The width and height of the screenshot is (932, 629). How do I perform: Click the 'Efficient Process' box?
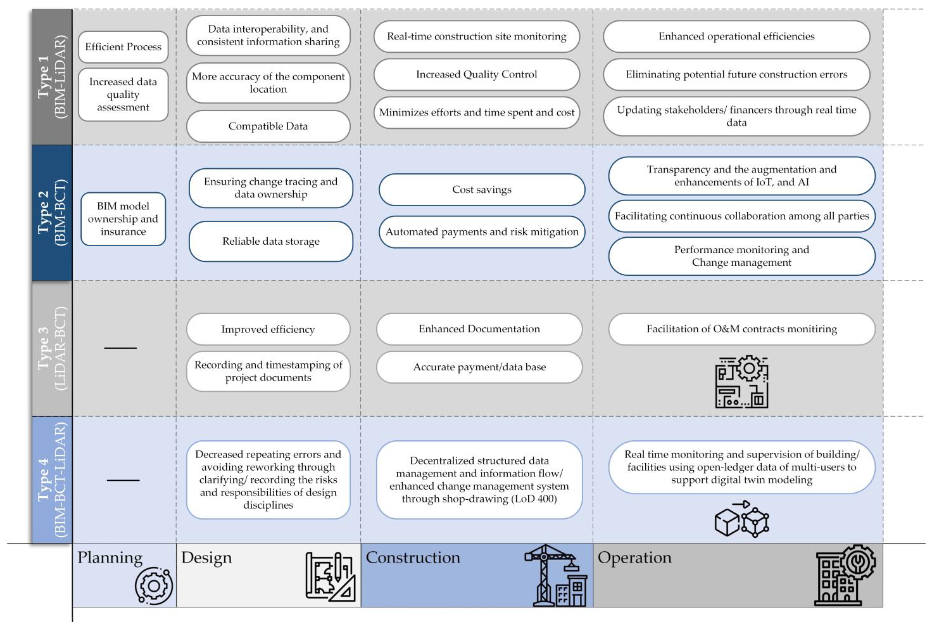point(123,47)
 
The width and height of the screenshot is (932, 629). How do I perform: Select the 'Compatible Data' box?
point(268,126)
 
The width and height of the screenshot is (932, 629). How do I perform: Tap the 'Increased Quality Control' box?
point(476,74)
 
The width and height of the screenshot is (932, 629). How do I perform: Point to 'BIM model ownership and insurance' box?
point(123,219)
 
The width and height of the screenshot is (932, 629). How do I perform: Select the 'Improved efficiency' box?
point(268,329)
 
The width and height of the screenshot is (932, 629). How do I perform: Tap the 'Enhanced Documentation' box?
point(479,329)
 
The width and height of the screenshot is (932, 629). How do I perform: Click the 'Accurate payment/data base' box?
point(479,367)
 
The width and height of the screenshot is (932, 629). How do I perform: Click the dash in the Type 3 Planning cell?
point(120,348)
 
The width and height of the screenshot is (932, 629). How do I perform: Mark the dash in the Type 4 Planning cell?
point(123,480)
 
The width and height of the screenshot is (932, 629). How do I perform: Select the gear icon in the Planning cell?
point(154,586)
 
